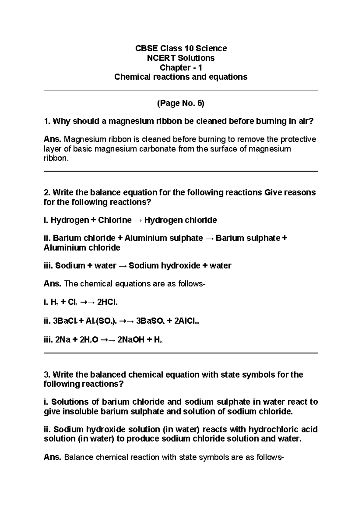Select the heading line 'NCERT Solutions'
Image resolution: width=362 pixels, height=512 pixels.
(181, 58)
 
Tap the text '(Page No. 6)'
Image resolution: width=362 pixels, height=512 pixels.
(181, 104)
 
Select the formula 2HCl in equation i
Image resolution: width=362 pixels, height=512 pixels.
(107, 302)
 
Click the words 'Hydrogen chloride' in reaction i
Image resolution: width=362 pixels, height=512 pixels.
(180, 220)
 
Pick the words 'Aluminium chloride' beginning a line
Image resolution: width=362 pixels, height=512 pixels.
(82, 248)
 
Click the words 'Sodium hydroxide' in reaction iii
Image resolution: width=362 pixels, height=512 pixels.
(164, 266)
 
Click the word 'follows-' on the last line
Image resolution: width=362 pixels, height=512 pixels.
(270, 457)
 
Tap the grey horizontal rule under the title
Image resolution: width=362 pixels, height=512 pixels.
(181, 90)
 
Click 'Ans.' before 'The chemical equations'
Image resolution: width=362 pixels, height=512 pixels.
(52, 284)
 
